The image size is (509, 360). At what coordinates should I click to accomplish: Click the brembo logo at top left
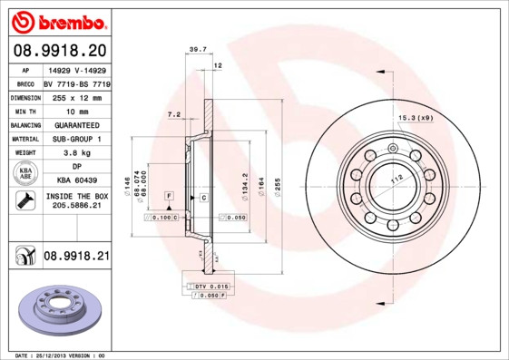60,21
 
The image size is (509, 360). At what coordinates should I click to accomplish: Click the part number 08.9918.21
76,257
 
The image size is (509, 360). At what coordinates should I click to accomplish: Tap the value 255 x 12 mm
76,96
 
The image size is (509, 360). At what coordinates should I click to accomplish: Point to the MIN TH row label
24,111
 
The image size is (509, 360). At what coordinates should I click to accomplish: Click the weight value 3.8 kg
76,153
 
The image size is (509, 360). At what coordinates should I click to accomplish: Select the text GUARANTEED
76,124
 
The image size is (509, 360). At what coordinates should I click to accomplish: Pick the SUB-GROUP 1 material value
76,139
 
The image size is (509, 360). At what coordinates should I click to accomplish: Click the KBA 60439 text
76,180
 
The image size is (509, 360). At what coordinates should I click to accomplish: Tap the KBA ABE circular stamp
24,174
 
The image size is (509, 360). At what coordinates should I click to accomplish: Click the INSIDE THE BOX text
76,196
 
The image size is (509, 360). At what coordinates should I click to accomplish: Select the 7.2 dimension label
174,114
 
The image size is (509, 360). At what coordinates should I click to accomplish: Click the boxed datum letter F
169,196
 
